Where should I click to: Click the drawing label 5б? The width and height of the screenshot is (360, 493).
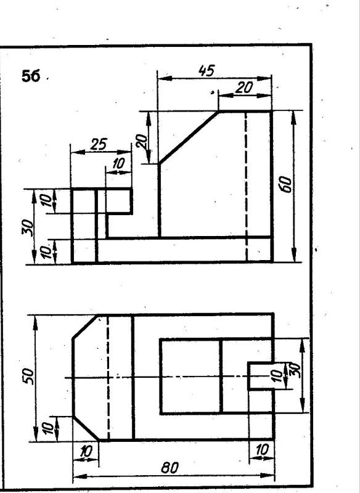(31, 76)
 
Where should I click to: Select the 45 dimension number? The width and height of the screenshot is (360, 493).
(207, 70)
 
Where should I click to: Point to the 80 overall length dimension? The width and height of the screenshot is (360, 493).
(170, 468)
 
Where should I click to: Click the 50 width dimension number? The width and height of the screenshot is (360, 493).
(28, 375)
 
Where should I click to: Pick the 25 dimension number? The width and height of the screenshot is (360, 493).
(99, 144)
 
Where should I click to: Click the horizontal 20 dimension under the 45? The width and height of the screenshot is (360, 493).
(243, 88)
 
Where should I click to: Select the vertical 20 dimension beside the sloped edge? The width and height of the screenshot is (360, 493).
(142, 141)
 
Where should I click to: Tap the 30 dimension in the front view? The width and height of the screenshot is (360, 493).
(28, 227)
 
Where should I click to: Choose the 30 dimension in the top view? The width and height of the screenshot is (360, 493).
(295, 370)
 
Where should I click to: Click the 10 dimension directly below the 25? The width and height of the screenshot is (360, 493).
(118, 163)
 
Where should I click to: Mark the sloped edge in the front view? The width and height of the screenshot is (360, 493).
(189, 137)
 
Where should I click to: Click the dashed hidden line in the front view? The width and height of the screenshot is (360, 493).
(246, 187)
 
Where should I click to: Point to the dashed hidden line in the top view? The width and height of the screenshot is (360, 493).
(108, 377)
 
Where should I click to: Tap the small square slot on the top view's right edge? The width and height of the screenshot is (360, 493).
(260, 376)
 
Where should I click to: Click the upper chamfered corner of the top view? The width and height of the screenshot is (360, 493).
(85, 327)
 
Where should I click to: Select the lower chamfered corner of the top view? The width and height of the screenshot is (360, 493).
(86, 428)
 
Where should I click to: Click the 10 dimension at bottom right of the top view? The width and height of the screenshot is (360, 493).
(261, 450)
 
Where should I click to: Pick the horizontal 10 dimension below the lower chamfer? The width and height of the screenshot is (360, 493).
(86, 452)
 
